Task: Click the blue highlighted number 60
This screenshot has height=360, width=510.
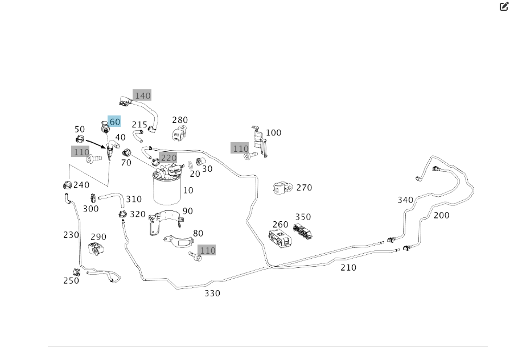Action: click(x=114, y=122)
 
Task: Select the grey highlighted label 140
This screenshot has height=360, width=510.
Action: click(x=142, y=96)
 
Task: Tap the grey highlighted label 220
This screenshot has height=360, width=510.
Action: click(x=168, y=158)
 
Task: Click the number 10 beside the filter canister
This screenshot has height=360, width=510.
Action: click(x=188, y=191)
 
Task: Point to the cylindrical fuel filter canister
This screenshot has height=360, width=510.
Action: click(x=166, y=191)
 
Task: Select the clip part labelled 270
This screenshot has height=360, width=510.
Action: click(x=283, y=188)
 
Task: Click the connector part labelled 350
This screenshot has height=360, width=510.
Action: click(x=303, y=230)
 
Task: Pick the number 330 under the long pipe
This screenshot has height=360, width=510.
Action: click(x=212, y=293)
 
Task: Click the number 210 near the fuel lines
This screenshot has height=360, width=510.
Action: click(x=348, y=267)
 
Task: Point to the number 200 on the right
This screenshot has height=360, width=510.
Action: click(x=441, y=216)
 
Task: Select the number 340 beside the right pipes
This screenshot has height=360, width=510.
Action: click(x=405, y=200)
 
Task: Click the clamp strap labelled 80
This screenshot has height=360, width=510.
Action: click(x=176, y=241)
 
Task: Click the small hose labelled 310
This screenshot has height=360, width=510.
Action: click(x=110, y=197)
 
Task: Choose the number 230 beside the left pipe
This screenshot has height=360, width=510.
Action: click(x=71, y=234)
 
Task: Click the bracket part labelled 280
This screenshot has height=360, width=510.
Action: click(x=178, y=135)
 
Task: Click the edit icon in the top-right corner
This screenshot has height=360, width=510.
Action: click(x=504, y=7)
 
